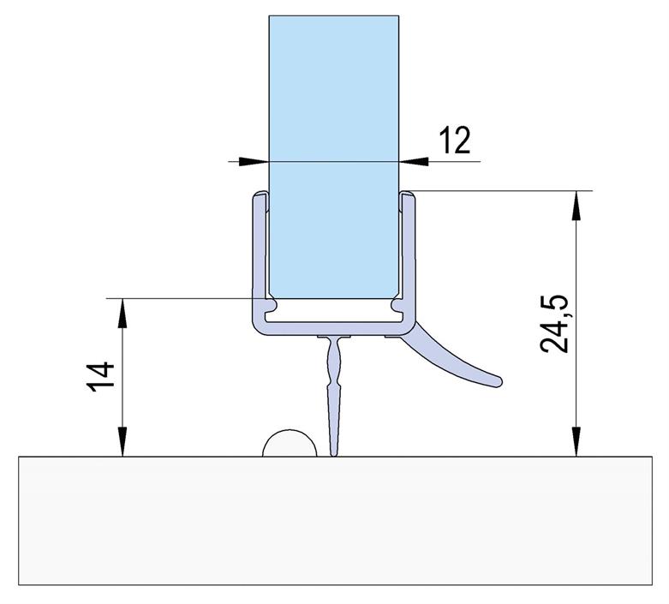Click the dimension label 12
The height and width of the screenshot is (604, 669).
pos(455,140)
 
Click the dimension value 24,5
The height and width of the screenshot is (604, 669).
pos(554,324)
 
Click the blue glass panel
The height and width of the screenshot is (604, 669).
pos(334,157)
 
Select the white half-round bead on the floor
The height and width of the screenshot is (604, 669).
pos(290,443)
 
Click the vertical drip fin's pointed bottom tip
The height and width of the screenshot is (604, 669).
pos(334,455)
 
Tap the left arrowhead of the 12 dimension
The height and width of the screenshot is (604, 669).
pos(254,161)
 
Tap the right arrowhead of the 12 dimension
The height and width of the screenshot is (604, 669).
pos(414,161)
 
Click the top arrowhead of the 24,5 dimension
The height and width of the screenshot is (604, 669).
pos(576,206)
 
